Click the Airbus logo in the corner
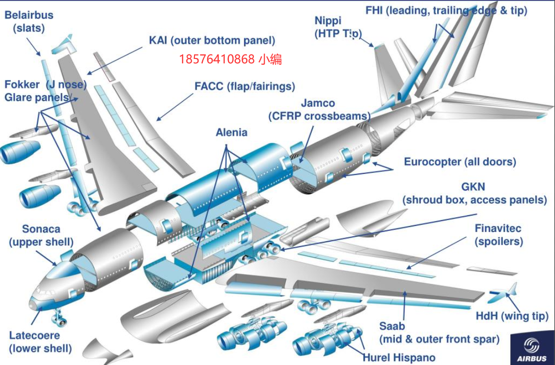531,349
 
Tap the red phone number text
230,60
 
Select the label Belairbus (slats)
29,22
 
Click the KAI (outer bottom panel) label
212,40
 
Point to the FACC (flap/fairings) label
245,86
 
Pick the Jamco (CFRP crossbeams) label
319,110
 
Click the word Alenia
231,132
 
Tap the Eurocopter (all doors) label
460,162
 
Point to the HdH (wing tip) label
512,316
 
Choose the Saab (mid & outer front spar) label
439,333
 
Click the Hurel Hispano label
399,357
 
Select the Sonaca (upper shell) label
41,235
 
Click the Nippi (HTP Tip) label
338,27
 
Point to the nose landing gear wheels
61,321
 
